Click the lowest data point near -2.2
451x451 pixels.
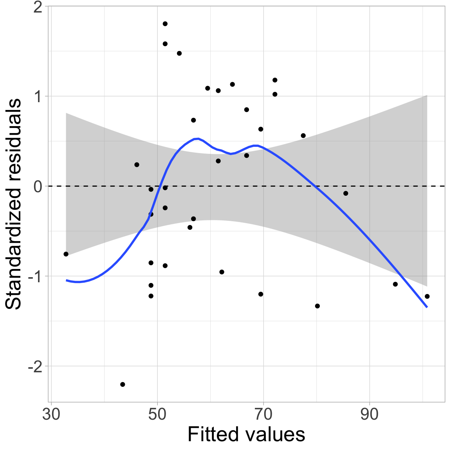(x=123, y=384)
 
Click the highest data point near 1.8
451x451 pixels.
(x=165, y=24)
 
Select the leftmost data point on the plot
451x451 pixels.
(x=66, y=254)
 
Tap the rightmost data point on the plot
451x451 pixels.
(x=427, y=296)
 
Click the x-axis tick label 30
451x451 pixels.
(x=51, y=415)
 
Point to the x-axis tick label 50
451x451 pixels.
(x=157, y=415)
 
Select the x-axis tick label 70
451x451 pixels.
(x=263, y=415)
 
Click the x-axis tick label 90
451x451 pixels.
(x=370, y=415)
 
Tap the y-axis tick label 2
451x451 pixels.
(x=38, y=8)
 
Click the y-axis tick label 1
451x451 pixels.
(x=38, y=97)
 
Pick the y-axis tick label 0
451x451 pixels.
(x=38, y=187)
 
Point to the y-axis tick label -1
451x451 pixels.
(x=35, y=277)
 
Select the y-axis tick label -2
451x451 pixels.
(x=35, y=367)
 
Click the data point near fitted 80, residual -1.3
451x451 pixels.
(x=318, y=306)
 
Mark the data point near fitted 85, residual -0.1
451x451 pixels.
(x=346, y=193)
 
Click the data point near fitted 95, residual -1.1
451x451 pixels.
(x=395, y=284)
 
